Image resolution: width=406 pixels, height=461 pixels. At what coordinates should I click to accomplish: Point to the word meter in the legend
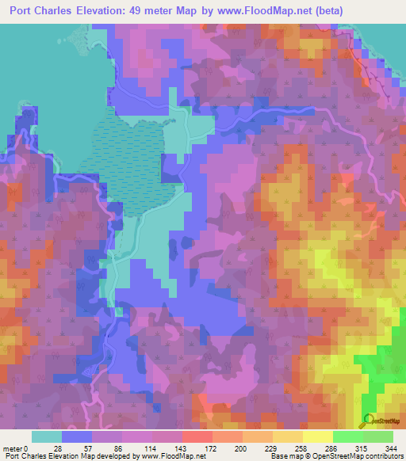click(x=13, y=448)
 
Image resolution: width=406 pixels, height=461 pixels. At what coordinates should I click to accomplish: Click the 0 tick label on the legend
click(x=27, y=448)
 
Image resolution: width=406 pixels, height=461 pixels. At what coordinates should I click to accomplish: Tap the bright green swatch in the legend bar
click(x=347, y=436)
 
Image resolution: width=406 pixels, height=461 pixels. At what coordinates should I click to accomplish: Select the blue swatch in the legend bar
click(x=77, y=436)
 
